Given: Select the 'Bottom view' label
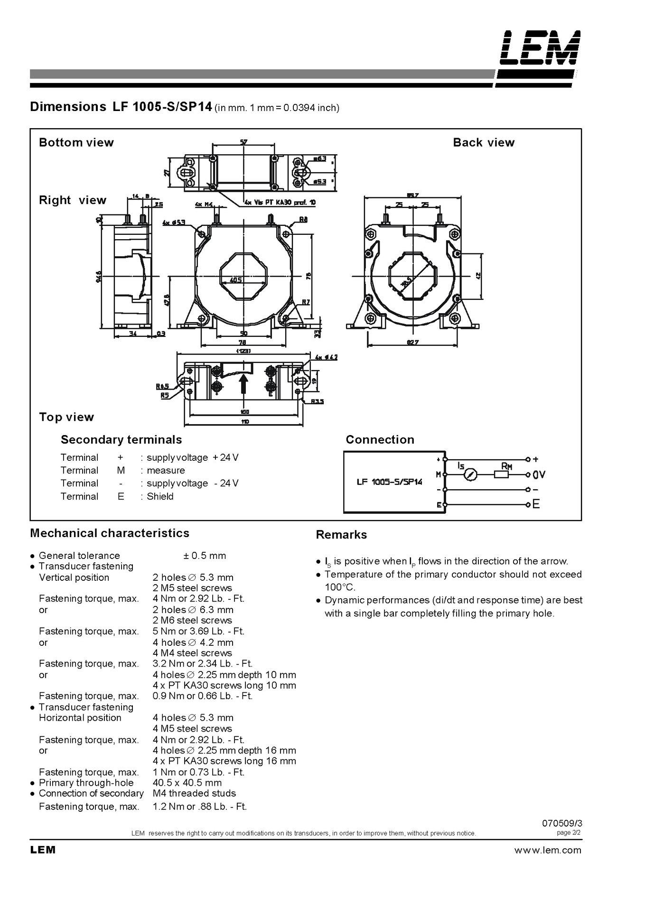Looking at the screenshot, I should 76,142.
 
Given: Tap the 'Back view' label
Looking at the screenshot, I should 483,142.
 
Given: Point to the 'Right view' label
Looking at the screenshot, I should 72,200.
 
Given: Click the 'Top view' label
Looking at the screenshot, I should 66,417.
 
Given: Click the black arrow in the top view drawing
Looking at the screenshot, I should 244,383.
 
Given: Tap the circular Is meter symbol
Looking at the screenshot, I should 470,474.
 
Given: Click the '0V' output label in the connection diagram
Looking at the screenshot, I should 539,474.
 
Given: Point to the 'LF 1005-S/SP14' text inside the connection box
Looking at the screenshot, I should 389,482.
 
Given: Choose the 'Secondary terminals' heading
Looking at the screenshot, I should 121,439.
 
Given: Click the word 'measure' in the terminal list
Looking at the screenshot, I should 166,470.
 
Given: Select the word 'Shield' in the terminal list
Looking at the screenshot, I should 160,496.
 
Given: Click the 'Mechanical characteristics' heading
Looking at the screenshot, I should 109,533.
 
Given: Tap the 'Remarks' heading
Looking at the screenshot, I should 341,535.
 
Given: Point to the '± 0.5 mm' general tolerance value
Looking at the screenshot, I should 205,556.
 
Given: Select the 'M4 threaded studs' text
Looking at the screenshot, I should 194,793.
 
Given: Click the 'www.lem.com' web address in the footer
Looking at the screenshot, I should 547,850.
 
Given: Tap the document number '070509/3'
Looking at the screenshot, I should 561,824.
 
